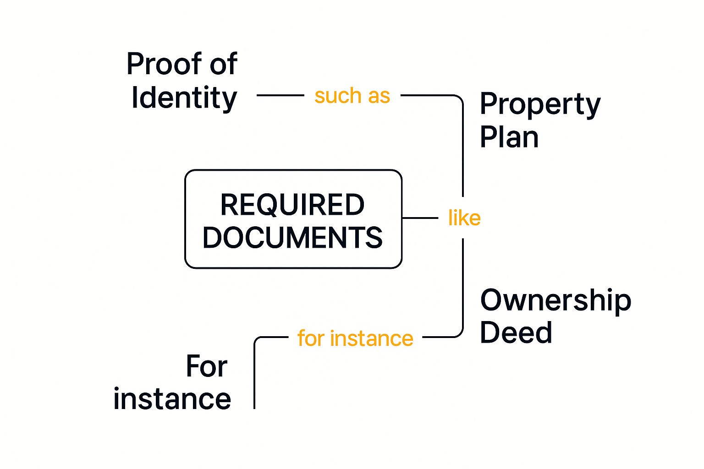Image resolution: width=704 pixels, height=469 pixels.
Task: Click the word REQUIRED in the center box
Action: [292, 205]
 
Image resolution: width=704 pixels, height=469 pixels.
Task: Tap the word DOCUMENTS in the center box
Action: [292, 237]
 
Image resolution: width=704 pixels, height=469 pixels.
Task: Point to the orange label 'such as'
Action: [352, 96]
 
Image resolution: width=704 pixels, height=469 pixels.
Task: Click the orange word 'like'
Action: [464, 218]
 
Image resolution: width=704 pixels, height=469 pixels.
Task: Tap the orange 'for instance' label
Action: [355, 338]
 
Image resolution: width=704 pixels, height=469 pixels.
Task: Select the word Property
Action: [540, 105]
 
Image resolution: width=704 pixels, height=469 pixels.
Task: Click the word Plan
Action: [509, 137]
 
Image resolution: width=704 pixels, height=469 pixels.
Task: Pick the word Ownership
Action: [555, 300]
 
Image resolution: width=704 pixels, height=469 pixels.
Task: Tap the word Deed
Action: [516, 333]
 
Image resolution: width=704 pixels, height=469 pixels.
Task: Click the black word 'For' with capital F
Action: [206, 366]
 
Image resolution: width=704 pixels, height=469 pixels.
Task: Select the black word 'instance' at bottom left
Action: [172, 399]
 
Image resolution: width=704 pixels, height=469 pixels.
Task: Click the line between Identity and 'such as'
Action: [280, 95]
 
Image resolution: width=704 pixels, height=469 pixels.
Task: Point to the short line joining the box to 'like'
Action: [420, 218]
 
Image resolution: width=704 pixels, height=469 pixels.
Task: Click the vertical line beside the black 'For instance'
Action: [254, 376]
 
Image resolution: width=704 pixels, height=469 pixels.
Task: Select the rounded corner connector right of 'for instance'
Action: [459, 334]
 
